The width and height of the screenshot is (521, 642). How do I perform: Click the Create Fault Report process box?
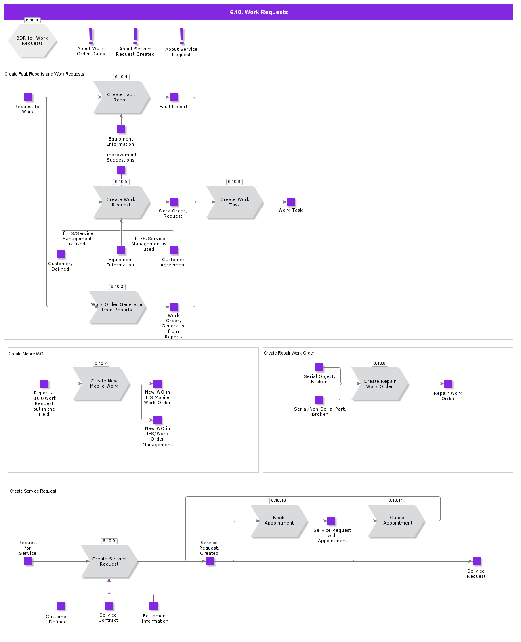(x=121, y=97)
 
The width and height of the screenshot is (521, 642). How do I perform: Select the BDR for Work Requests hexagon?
(x=32, y=41)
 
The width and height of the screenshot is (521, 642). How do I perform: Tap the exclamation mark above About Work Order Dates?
(x=91, y=36)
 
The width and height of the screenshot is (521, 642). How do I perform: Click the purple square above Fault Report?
(x=174, y=97)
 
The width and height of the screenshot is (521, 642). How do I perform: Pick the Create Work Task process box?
(x=234, y=202)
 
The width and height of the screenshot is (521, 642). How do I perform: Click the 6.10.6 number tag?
(x=234, y=182)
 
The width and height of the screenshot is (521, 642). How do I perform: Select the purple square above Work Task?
(x=291, y=202)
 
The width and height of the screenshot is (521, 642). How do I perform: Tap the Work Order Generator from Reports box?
(x=117, y=307)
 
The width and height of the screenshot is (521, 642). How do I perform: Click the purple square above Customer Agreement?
(x=174, y=250)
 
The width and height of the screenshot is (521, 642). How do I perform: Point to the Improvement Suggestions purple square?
(x=121, y=170)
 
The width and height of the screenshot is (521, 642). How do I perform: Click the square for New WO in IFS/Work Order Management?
(x=158, y=420)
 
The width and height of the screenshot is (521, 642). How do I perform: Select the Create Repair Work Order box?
(x=380, y=384)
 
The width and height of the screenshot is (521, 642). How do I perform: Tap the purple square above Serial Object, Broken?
(x=319, y=367)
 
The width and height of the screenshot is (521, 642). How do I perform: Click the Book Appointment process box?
(x=279, y=520)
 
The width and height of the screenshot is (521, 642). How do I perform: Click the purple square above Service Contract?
(x=109, y=606)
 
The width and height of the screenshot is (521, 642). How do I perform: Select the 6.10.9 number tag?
(x=109, y=541)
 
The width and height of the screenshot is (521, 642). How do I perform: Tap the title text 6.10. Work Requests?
(x=258, y=12)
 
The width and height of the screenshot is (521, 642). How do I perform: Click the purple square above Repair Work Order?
(x=448, y=384)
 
